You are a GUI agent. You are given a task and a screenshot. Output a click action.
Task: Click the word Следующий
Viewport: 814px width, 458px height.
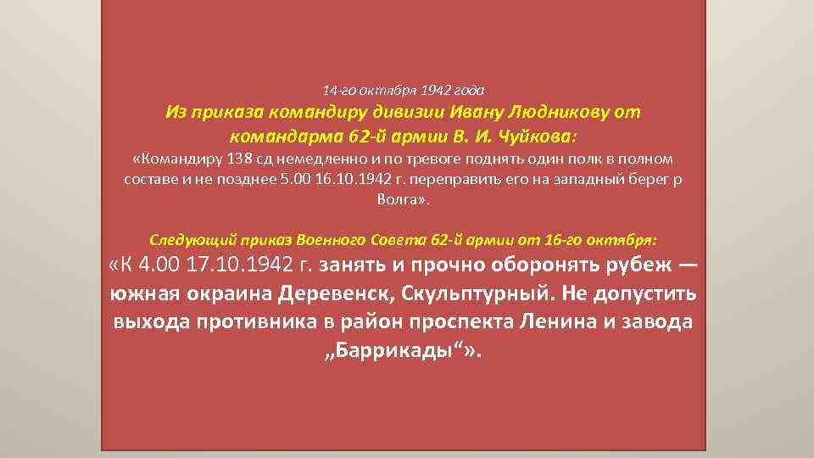(190, 239)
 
